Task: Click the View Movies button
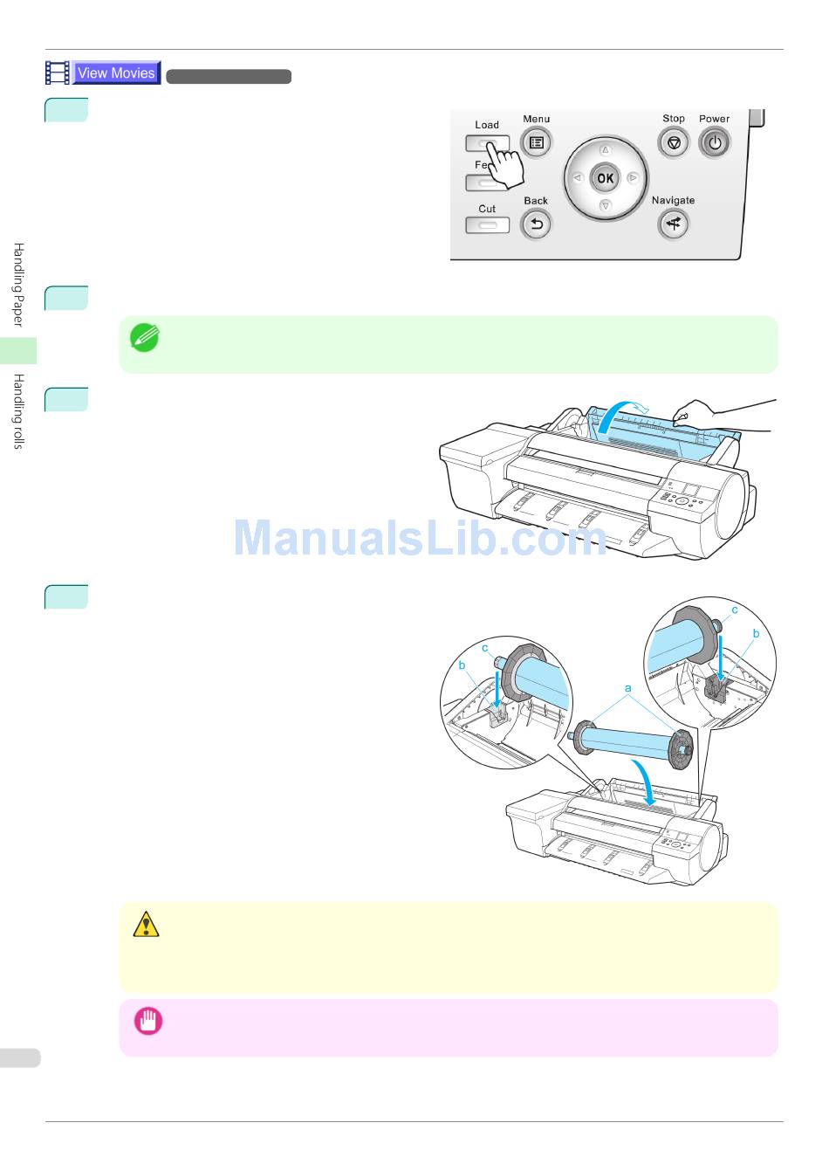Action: click(116, 73)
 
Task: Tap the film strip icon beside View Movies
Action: click(58, 73)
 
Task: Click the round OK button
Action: click(605, 178)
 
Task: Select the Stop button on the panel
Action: click(673, 142)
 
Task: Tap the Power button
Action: click(714, 142)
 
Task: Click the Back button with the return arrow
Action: click(536, 225)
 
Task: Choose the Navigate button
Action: click(673, 225)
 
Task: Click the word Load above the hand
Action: click(487, 125)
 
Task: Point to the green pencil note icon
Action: click(144, 337)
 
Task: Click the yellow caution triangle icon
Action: click(146, 924)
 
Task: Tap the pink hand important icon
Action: click(147, 1021)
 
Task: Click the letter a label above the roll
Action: click(627, 688)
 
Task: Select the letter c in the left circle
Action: click(485, 648)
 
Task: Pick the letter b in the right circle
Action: click(756, 633)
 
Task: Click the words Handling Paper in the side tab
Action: click(18, 286)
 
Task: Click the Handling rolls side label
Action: click(18, 411)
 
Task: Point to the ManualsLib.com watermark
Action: click(420, 539)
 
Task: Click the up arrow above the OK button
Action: click(605, 149)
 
